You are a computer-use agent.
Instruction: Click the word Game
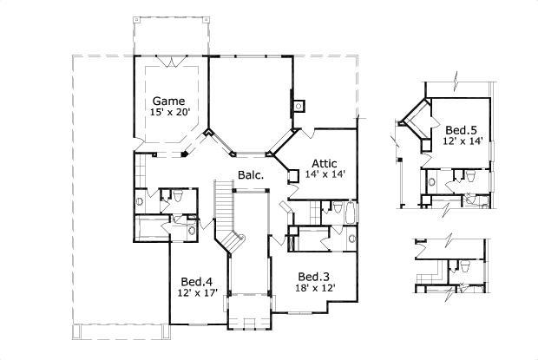tap(168, 100)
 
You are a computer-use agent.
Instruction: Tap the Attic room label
tap(325, 162)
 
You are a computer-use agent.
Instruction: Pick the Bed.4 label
tap(196, 281)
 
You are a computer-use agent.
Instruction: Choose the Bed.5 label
tap(463, 130)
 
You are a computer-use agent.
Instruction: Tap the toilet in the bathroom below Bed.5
tap(469, 176)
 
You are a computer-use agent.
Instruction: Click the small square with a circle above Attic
tap(299, 107)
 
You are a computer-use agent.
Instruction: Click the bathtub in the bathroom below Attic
tap(349, 212)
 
